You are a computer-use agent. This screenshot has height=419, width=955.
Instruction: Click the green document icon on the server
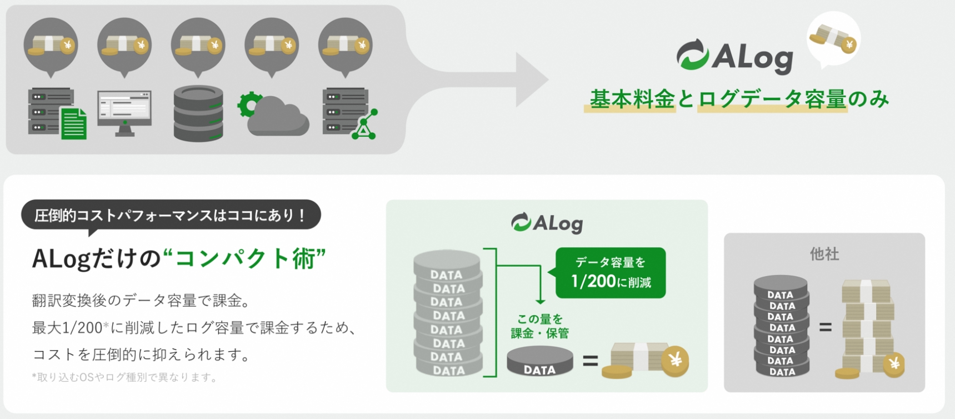coord(74,123)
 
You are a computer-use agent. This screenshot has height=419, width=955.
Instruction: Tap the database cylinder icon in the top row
coord(198,113)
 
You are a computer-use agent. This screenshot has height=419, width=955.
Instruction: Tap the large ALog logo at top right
coord(734,56)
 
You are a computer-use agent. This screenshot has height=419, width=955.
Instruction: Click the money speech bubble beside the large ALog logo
coord(833,39)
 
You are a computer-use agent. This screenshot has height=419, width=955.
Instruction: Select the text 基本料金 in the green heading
coord(632,99)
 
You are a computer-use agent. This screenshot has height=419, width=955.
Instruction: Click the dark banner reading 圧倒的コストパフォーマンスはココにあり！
coord(171,215)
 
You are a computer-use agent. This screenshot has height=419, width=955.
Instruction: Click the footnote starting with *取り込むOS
coord(125,377)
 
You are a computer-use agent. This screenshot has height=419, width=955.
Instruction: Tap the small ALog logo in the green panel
coord(547,223)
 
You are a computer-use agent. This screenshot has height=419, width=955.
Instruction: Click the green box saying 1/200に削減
coord(610,273)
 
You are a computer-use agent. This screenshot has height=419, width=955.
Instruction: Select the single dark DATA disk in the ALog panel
coord(539,361)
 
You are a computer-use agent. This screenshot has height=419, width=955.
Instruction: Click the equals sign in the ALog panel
coord(590,361)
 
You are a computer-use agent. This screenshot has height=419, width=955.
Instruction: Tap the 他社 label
coord(824,254)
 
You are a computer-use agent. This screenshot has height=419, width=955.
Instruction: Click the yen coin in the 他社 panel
coord(894,365)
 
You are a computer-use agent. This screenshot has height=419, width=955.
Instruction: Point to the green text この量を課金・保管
coord(539,326)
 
